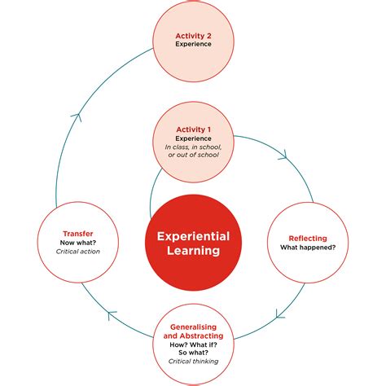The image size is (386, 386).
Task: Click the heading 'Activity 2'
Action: tap(193, 35)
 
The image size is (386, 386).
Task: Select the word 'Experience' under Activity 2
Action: tap(193, 45)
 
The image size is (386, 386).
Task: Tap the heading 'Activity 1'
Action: tap(193, 129)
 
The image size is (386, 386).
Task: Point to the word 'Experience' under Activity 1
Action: tap(193, 138)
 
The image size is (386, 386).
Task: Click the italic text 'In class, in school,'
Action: tap(193, 147)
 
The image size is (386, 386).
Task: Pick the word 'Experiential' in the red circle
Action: tap(193, 236)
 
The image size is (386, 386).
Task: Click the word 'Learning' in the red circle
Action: tap(193, 251)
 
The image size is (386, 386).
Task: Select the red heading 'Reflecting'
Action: tap(308, 239)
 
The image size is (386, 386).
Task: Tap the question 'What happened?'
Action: tap(308, 248)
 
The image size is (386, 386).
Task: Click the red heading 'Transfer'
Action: tap(77, 234)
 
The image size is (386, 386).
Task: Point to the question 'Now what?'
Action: tap(77, 243)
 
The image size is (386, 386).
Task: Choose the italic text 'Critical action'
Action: tap(77, 252)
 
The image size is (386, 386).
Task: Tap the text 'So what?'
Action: tap(193, 353)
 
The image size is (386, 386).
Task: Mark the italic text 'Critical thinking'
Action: tap(193, 362)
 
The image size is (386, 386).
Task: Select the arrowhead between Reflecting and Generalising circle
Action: tap(279, 312)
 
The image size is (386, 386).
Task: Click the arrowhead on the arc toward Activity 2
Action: tap(76, 116)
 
